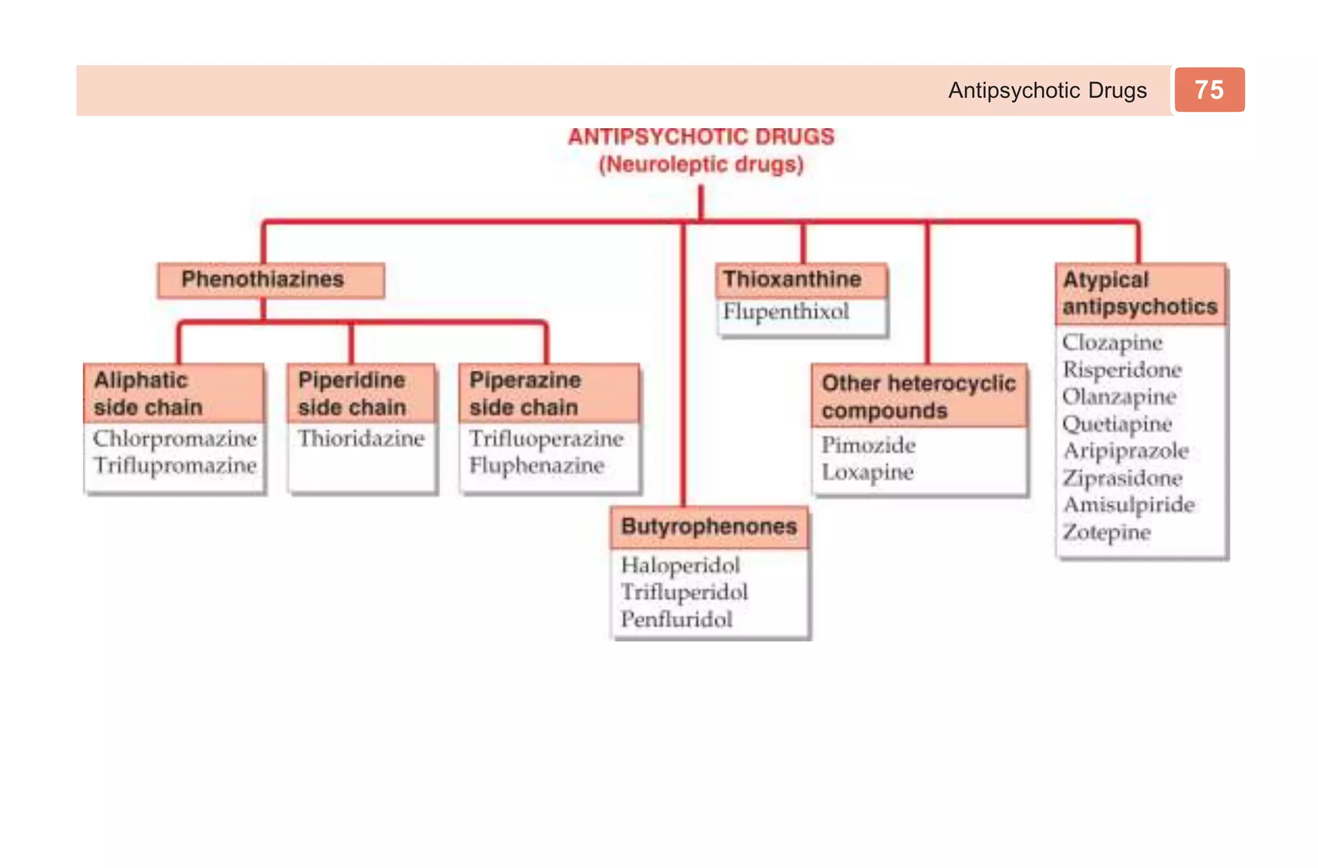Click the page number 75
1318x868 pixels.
[1209, 90]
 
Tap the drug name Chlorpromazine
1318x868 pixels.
[174, 439]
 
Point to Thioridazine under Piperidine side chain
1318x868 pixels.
[361, 439]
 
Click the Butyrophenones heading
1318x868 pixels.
[709, 527]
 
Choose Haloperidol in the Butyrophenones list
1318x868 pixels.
[680, 565]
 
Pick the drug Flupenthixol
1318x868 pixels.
[786, 312]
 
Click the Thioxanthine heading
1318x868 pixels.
[792, 279]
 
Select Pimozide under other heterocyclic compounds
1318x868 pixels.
[868, 445]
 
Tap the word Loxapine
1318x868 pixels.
[868, 472]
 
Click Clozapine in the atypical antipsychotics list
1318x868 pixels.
[1112, 343]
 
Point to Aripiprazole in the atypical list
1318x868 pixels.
[1126, 451]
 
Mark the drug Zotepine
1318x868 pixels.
[1106, 533]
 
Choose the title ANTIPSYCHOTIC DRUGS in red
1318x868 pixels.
[701, 137]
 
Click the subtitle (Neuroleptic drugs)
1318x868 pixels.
[701, 165]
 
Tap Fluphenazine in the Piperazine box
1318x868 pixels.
[537, 466]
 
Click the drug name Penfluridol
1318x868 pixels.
[676, 619]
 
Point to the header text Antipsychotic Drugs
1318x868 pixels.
[1047, 90]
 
